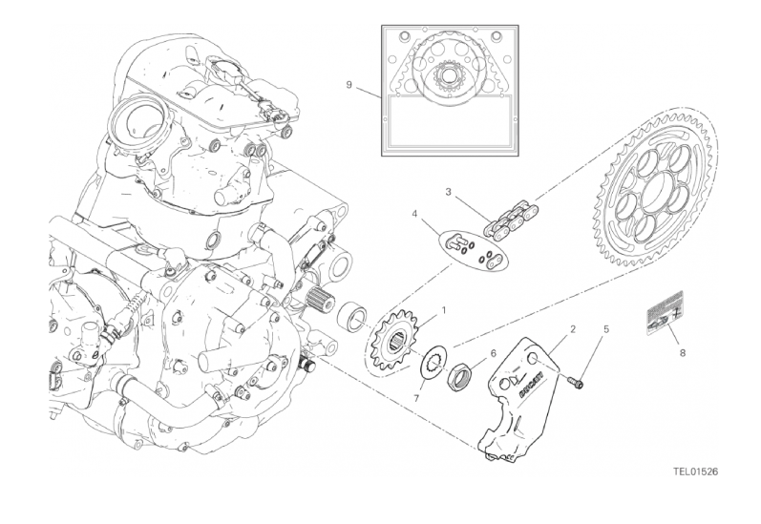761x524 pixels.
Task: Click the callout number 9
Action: (350, 85)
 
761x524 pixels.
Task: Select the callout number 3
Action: (447, 192)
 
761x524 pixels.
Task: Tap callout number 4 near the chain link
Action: (415, 214)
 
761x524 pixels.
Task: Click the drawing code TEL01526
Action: (699, 471)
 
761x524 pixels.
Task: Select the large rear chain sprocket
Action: (651, 191)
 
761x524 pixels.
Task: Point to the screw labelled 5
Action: (577, 384)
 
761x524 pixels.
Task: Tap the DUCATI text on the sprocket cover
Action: (533, 384)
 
